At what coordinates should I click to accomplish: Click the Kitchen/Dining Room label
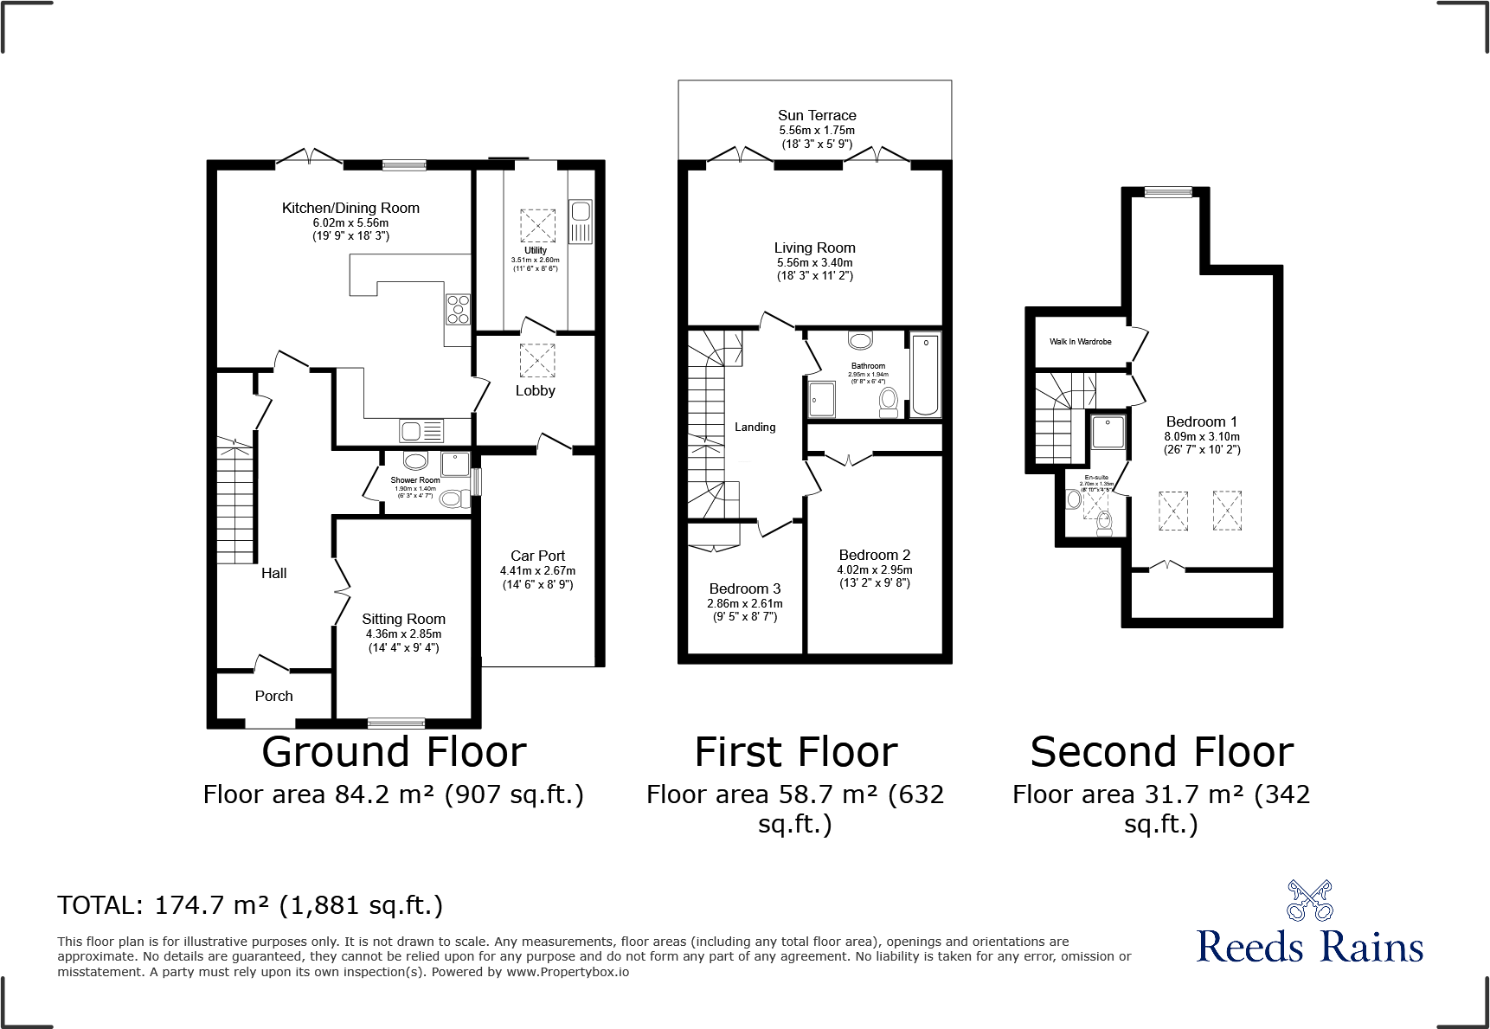point(350,208)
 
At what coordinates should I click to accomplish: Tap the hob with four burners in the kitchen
point(458,310)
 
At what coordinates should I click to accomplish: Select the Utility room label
point(535,250)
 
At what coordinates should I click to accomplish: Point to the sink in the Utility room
point(580,211)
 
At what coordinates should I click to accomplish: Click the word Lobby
point(535,390)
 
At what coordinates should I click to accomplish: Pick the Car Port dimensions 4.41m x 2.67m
point(537,570)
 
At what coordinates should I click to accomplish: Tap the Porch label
point(273,696)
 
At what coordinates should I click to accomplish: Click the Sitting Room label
point(403,619)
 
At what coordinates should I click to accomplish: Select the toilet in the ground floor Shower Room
point(451,498)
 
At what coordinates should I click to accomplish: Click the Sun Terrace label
point(816,115)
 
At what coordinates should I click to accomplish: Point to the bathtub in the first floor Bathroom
point(925,374)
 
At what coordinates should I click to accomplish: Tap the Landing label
point(755,427)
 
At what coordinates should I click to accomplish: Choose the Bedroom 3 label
point(744,588)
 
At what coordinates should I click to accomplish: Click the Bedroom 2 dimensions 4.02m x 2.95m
point(874,569)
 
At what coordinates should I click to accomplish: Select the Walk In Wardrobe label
point(1080,342)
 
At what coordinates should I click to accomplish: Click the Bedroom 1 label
point(1201,421)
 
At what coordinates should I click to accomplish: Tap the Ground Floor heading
point(394,751)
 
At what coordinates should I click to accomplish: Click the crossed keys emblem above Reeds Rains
point(1309,901)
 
